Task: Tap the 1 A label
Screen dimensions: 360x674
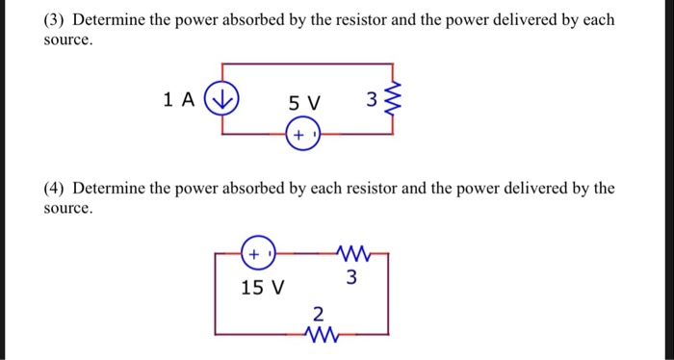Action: click(180, 98)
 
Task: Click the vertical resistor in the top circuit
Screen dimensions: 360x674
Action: click(391, 100)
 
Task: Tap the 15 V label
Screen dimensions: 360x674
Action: click(262, 287)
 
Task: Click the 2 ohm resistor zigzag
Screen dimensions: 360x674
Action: click(319, 333)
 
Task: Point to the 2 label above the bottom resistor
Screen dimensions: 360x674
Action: click(319, 313)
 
